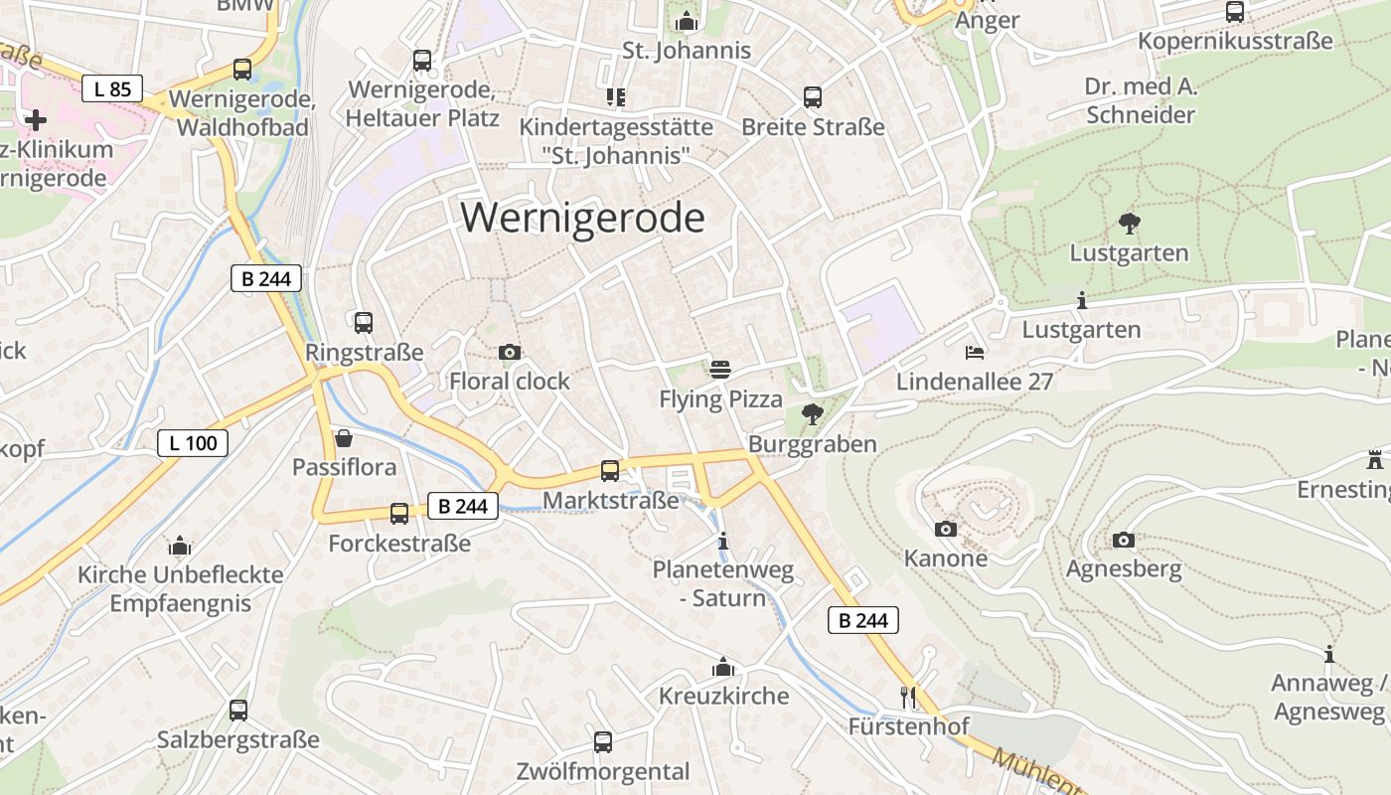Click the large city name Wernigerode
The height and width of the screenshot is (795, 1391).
582,218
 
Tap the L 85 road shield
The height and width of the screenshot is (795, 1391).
112,89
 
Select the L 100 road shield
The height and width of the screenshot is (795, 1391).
193,443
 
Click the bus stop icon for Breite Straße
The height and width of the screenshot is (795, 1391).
813,97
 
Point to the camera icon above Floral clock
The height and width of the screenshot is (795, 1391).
509,353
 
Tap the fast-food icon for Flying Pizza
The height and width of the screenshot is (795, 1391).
720,370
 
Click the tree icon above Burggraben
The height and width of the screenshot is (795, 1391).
813,414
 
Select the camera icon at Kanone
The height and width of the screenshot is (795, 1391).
946,530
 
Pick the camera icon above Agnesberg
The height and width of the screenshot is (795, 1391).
1124,541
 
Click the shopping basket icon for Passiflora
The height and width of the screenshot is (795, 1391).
344,438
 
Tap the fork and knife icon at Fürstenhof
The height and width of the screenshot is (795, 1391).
907,697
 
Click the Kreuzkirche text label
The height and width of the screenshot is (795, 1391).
723,696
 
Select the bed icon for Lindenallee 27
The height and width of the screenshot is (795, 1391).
974,353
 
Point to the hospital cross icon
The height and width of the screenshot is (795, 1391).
36,120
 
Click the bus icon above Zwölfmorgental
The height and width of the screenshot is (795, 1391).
602,742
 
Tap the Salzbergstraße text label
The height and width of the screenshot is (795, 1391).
238,740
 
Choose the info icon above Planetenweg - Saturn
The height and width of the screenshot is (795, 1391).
723,542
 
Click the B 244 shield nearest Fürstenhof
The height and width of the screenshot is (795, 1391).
862,621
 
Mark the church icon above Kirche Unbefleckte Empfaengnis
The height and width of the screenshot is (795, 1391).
180,546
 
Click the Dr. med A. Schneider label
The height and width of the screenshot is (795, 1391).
1141,100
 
